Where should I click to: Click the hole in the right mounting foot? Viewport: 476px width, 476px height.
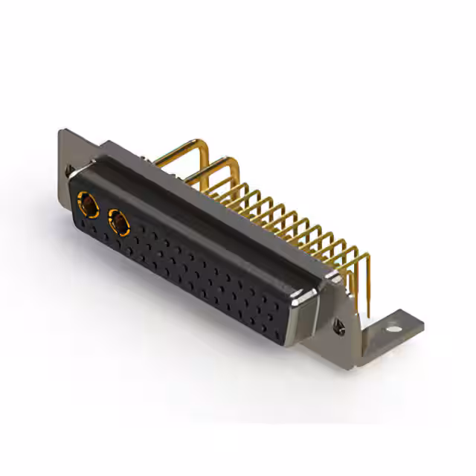coord(393,324)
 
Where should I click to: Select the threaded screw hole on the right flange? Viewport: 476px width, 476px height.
coord(341,324)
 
